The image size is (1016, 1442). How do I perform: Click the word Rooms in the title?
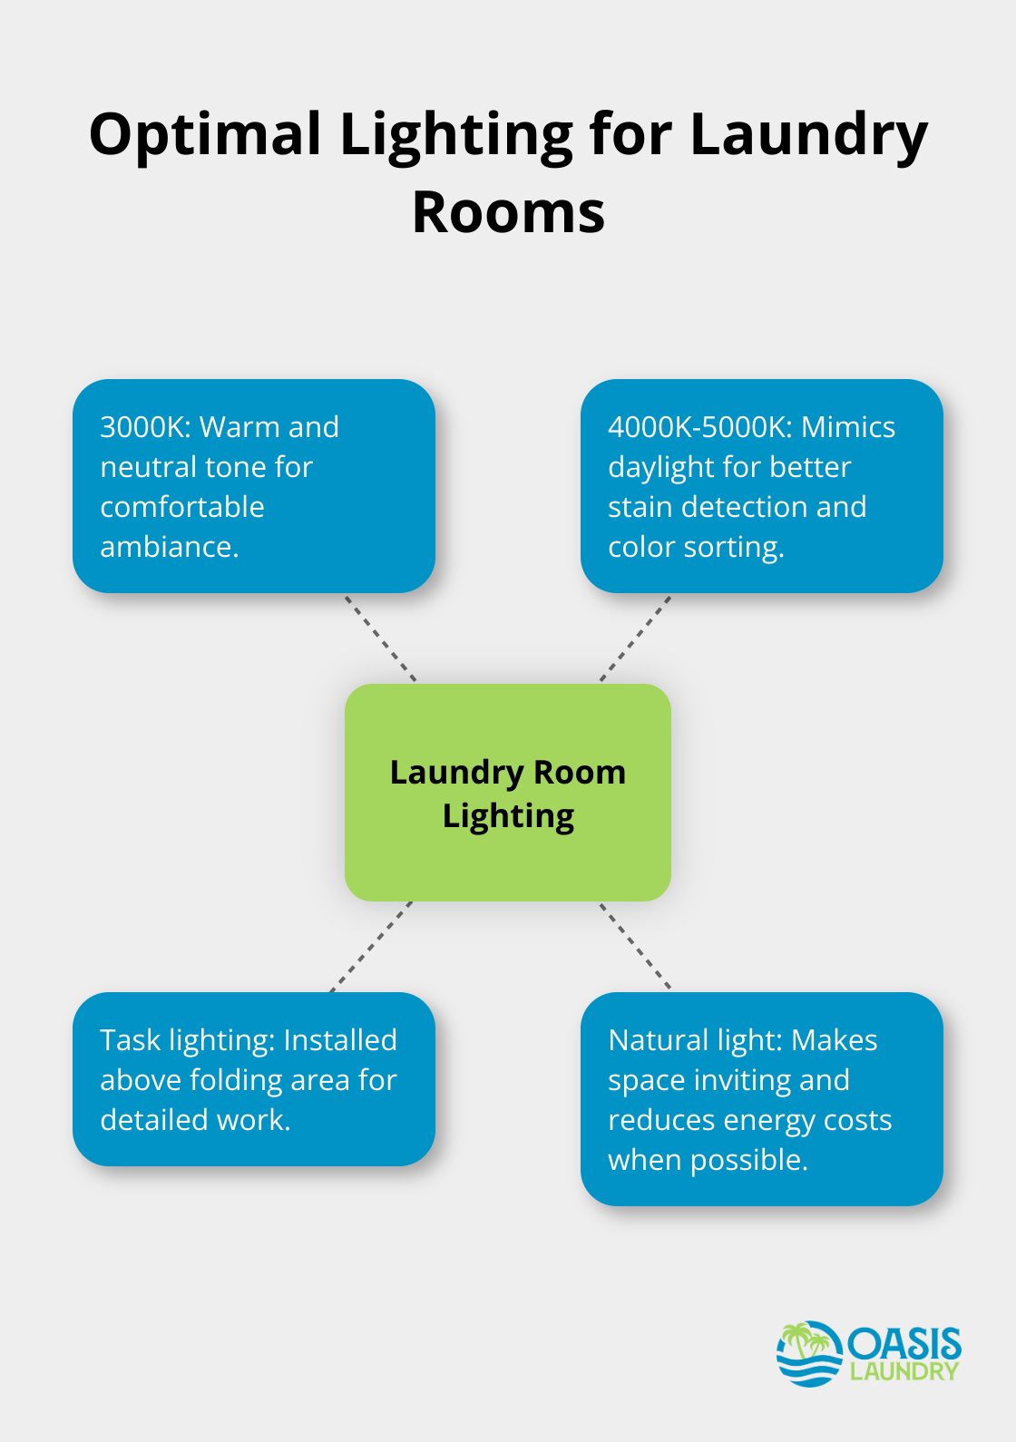[x=508, y=213]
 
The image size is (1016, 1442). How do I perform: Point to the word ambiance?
[x=169, y=547]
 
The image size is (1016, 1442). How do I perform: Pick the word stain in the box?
[x=640, y=507]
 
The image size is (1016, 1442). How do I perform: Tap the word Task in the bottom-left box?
[x=130, y=1040]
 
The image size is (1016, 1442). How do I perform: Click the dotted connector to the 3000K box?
[x=380, y=638]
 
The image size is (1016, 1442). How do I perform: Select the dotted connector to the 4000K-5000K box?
[x=635, y=638]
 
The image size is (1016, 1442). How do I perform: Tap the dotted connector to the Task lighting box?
[x=371, y=946]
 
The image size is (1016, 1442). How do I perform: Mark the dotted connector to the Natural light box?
[x=635, y=945]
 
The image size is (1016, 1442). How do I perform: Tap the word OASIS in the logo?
[x=904, y=1344]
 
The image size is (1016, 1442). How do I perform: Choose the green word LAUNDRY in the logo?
[x=904, y=1371]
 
